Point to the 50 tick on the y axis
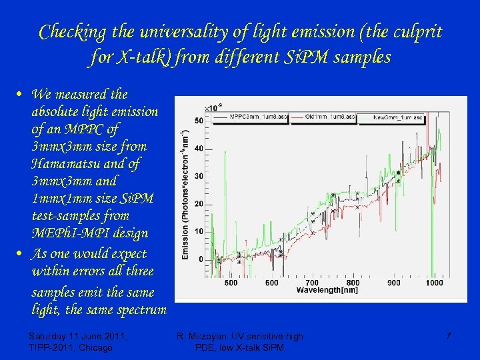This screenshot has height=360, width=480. [199, 121]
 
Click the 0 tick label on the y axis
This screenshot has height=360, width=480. [201, 259]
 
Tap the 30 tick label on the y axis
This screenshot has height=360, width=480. [199, 176]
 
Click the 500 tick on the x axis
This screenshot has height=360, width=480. [231, 283]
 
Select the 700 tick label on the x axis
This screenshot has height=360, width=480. [311, 283]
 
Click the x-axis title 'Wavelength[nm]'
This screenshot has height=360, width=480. [336, 291]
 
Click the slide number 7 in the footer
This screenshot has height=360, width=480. [448, 336]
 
